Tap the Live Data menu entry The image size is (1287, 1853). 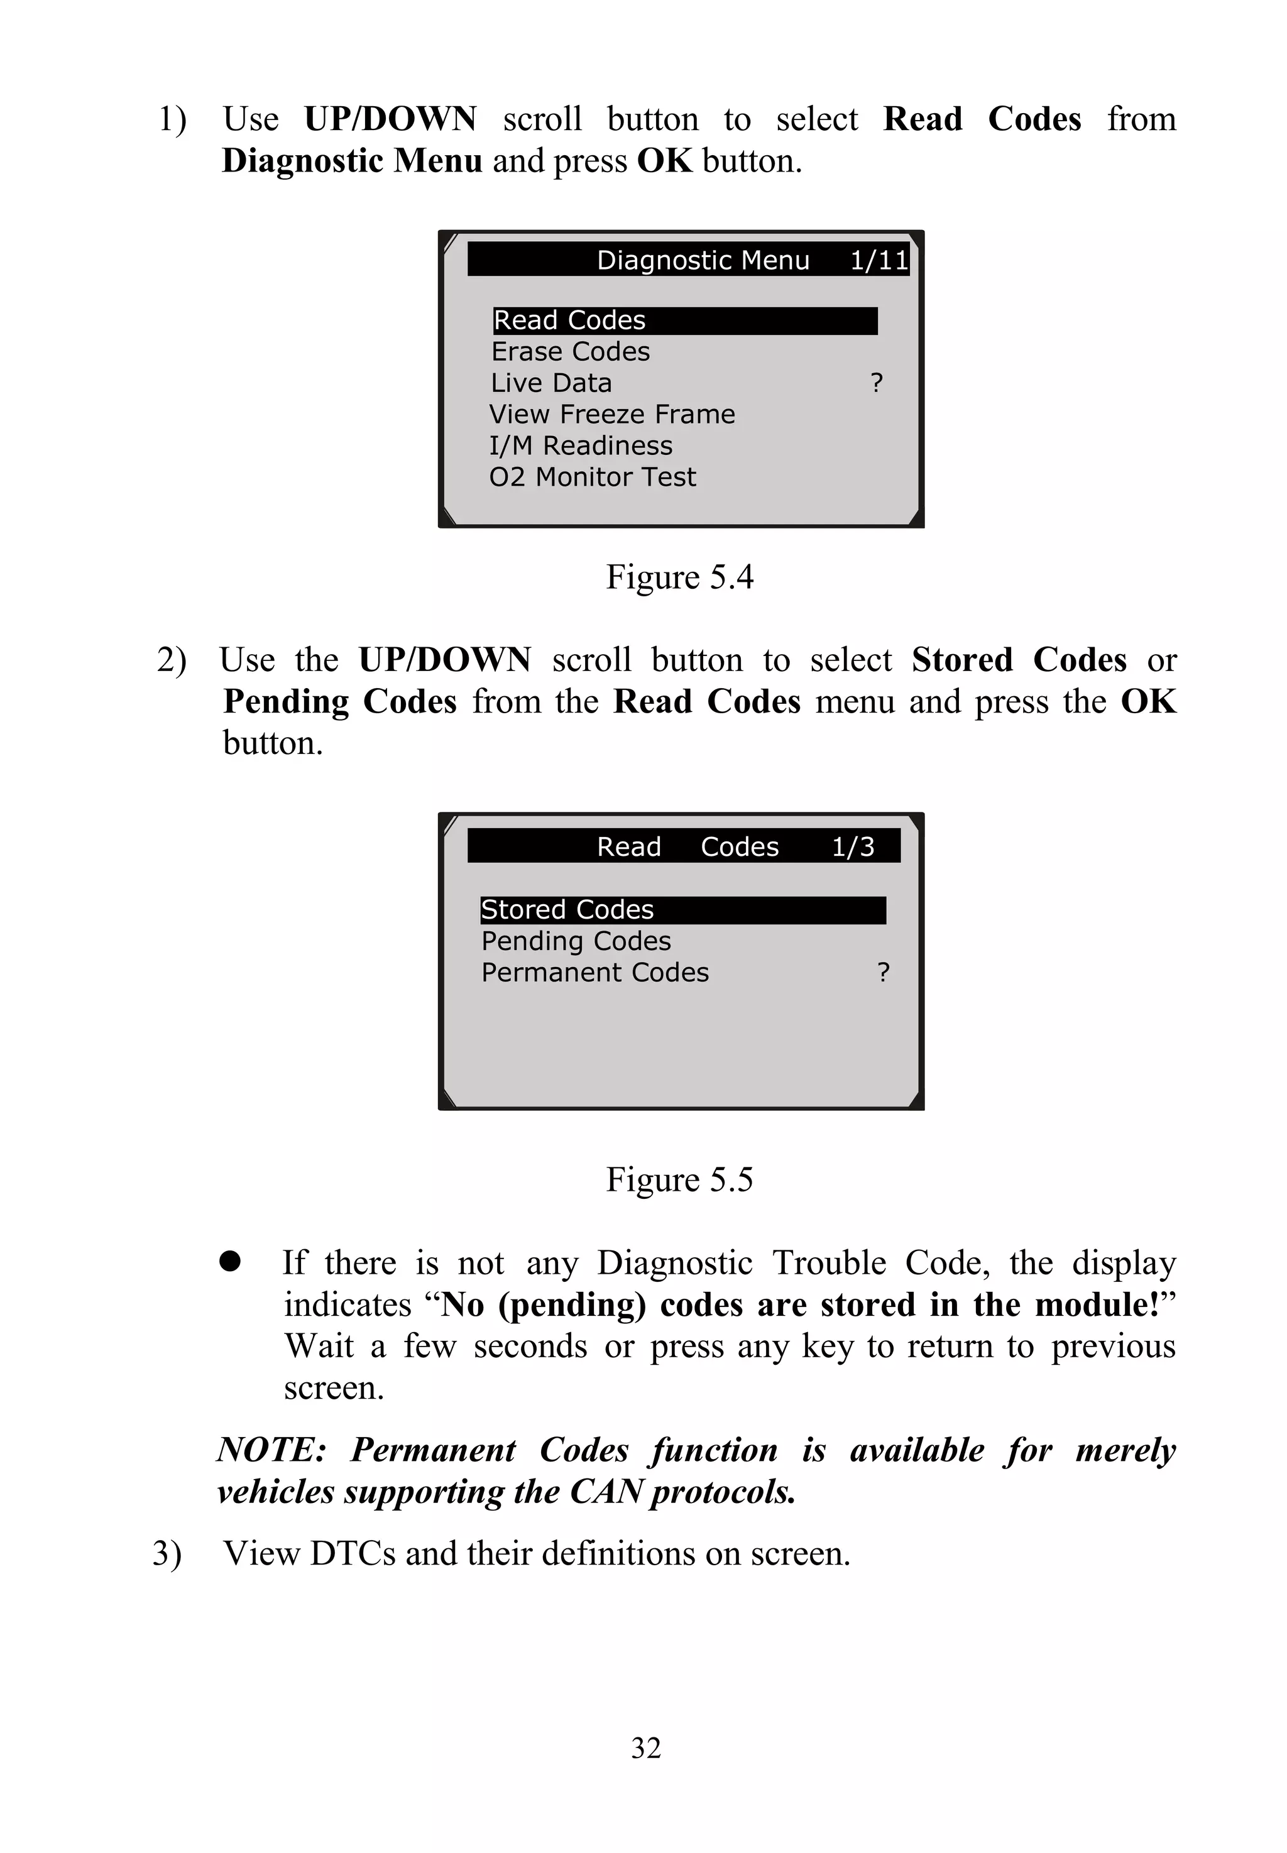(552, 383)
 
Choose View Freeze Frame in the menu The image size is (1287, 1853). (612, 415)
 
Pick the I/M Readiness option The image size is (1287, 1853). (581, 446)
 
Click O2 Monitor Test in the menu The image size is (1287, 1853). (592, 478)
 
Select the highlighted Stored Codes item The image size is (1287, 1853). (567, 910)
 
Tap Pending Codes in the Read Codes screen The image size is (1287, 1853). (576, 941)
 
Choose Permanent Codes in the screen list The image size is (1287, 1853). (595, 973)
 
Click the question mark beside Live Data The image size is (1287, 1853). (877, 383)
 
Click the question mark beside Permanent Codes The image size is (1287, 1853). (883, 973)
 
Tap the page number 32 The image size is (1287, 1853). (646, 1748)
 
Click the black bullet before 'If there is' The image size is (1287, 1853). (230, 1262)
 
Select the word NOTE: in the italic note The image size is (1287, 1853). (271, 1450)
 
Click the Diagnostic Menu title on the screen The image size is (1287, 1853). (703, 261)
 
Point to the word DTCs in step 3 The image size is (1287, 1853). (353, 1553)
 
